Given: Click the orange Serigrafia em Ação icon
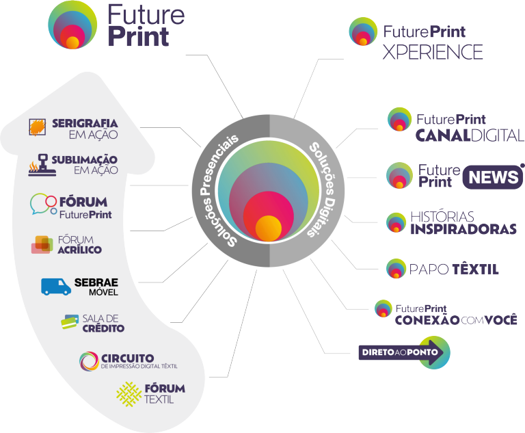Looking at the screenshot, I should [38, 127].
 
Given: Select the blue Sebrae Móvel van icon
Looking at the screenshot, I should [56, 286].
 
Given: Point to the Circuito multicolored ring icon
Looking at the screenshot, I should [88, 360].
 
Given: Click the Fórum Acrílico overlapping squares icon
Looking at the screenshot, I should [42, 244].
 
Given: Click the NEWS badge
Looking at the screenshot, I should [492, 178].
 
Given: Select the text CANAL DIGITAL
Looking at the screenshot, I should [469, 135].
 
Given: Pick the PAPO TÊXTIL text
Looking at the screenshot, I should [453, 269].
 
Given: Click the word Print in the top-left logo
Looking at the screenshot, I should [137, 36].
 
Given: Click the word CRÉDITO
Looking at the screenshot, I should [103, 328].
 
